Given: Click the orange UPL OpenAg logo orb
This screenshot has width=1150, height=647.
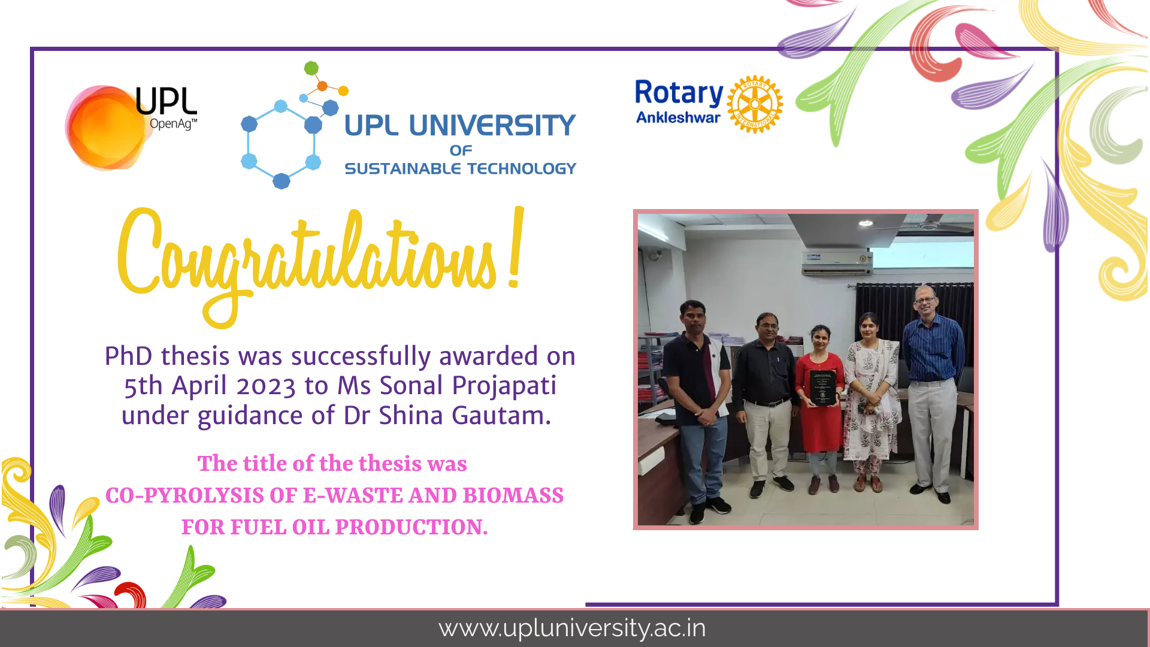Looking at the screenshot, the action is point(108,127).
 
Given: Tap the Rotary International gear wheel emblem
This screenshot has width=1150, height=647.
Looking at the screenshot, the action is point(755,104).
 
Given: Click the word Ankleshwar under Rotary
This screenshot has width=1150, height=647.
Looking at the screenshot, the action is point(678,117).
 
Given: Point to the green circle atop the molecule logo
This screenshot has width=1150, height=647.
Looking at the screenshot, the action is point(311,68).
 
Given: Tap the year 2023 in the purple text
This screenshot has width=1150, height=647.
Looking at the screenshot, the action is point(266,386).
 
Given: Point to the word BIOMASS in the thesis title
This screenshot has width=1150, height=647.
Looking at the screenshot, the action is point(513,495).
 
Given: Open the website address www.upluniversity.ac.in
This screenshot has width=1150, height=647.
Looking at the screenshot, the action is point(572,628).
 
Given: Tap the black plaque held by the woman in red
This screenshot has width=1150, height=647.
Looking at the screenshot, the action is point(822,387).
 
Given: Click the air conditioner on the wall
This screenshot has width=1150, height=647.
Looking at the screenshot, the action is point(837,263).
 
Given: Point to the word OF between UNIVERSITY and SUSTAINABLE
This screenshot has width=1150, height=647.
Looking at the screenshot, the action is point(461,150).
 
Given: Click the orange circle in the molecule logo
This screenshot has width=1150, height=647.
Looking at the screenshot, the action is point(322,86).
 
